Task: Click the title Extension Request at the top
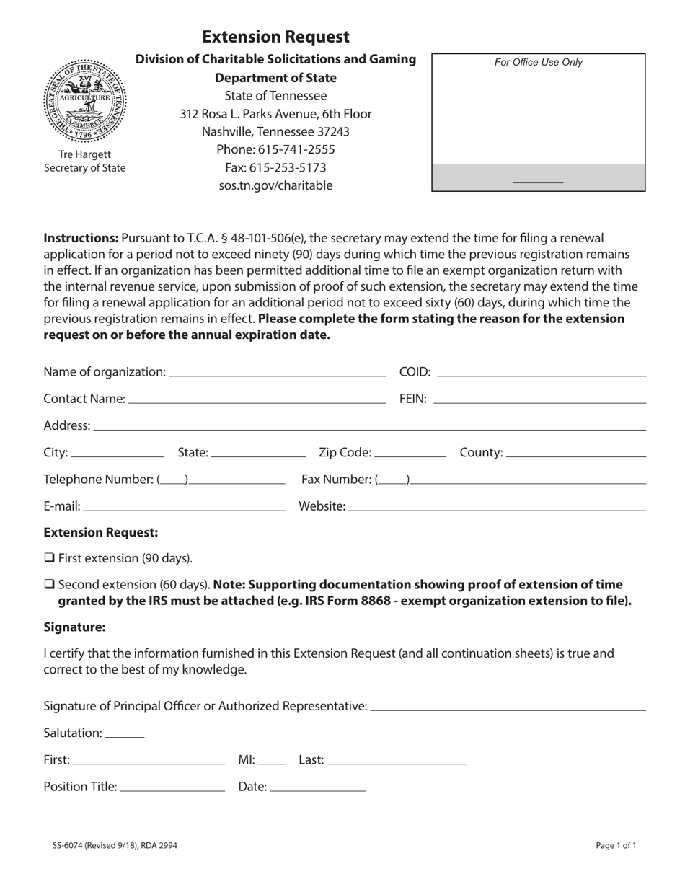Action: (275, 37)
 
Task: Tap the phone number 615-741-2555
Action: (275, 149)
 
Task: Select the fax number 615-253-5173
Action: (275, 167)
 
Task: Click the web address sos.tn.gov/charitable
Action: (275, 185)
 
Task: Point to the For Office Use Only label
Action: (538, 63)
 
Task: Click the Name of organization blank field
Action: (276, 372)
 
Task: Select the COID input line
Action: (542, 372)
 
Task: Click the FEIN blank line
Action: (539, 399)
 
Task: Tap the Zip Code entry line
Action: (410, 453)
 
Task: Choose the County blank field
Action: (576, 453)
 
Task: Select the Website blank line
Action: (497, 507)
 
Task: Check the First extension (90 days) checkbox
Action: (49, 557)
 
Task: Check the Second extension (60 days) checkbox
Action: (49, 584)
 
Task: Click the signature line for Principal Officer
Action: (508, 706)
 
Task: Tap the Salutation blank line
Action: (125, 733)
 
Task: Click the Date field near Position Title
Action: (317, 787)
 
